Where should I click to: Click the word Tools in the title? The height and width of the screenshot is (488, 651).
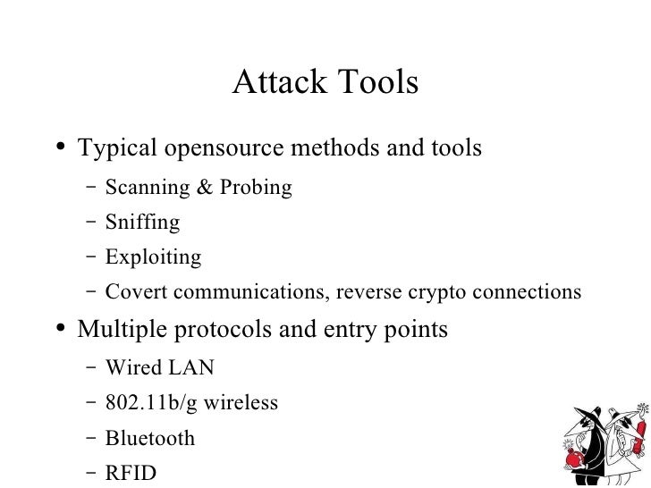click(x=380, y=83)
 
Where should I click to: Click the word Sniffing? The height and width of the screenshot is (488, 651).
click(x=142, y=223)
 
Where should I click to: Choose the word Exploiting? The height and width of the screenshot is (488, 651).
click(x=153, y=258)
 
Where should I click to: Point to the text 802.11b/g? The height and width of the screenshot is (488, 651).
click(x=152, y=403)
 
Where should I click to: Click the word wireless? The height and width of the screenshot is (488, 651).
click(x=241, y=403)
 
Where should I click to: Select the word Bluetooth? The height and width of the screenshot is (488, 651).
click(x=149, y=438)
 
